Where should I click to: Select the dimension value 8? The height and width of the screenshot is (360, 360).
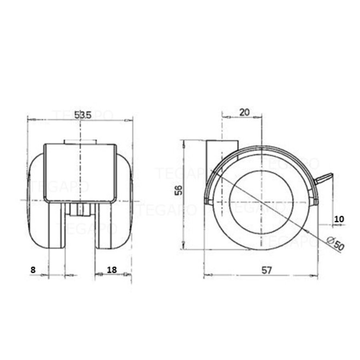click(x=33, y=270)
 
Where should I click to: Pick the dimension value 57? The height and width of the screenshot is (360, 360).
click(x=267, y=270)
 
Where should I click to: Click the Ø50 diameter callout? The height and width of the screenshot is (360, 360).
click(x=335, y=244)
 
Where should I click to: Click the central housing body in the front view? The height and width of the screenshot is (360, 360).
click(x=80, y=172)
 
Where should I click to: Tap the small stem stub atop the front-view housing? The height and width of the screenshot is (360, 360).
click(x=80, y=142)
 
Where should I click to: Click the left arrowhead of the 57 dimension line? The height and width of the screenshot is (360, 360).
click(x=206, y=275)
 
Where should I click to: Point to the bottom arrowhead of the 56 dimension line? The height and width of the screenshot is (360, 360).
click(x=183, y=246)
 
